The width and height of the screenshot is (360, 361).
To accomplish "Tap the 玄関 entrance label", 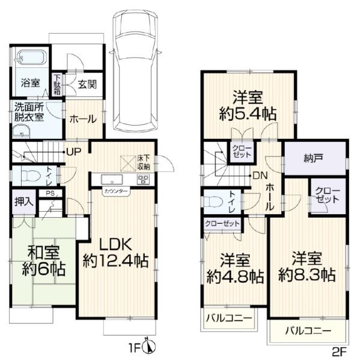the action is [x=87, y=84].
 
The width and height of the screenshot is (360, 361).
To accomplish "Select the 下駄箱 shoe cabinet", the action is [x=57, y=84].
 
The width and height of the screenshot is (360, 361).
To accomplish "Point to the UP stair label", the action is [x=74, y=151].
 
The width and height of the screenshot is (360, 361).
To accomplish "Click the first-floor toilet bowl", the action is [x=30, y=176].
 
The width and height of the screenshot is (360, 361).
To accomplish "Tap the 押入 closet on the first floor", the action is [x=24, y=202].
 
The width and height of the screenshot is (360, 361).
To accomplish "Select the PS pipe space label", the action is [x=50, y=193].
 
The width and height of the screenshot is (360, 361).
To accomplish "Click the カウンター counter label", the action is [x=116, y=191].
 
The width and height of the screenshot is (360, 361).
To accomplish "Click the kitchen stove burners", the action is [x=143, y=179].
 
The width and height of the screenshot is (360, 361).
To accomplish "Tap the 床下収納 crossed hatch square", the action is [x=129, y=164].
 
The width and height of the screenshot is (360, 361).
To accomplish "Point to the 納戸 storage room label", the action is [x=313, y=158].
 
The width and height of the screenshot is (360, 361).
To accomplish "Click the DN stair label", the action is [x=260, y=176].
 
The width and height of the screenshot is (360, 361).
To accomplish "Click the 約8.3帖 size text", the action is [x=307, y=275].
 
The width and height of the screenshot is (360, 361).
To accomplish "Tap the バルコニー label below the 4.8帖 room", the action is [x=229, y=318].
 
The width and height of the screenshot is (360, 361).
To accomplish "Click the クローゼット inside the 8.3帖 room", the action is [x=327, y=195].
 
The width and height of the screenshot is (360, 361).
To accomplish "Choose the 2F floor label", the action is [x=340, y=351].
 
